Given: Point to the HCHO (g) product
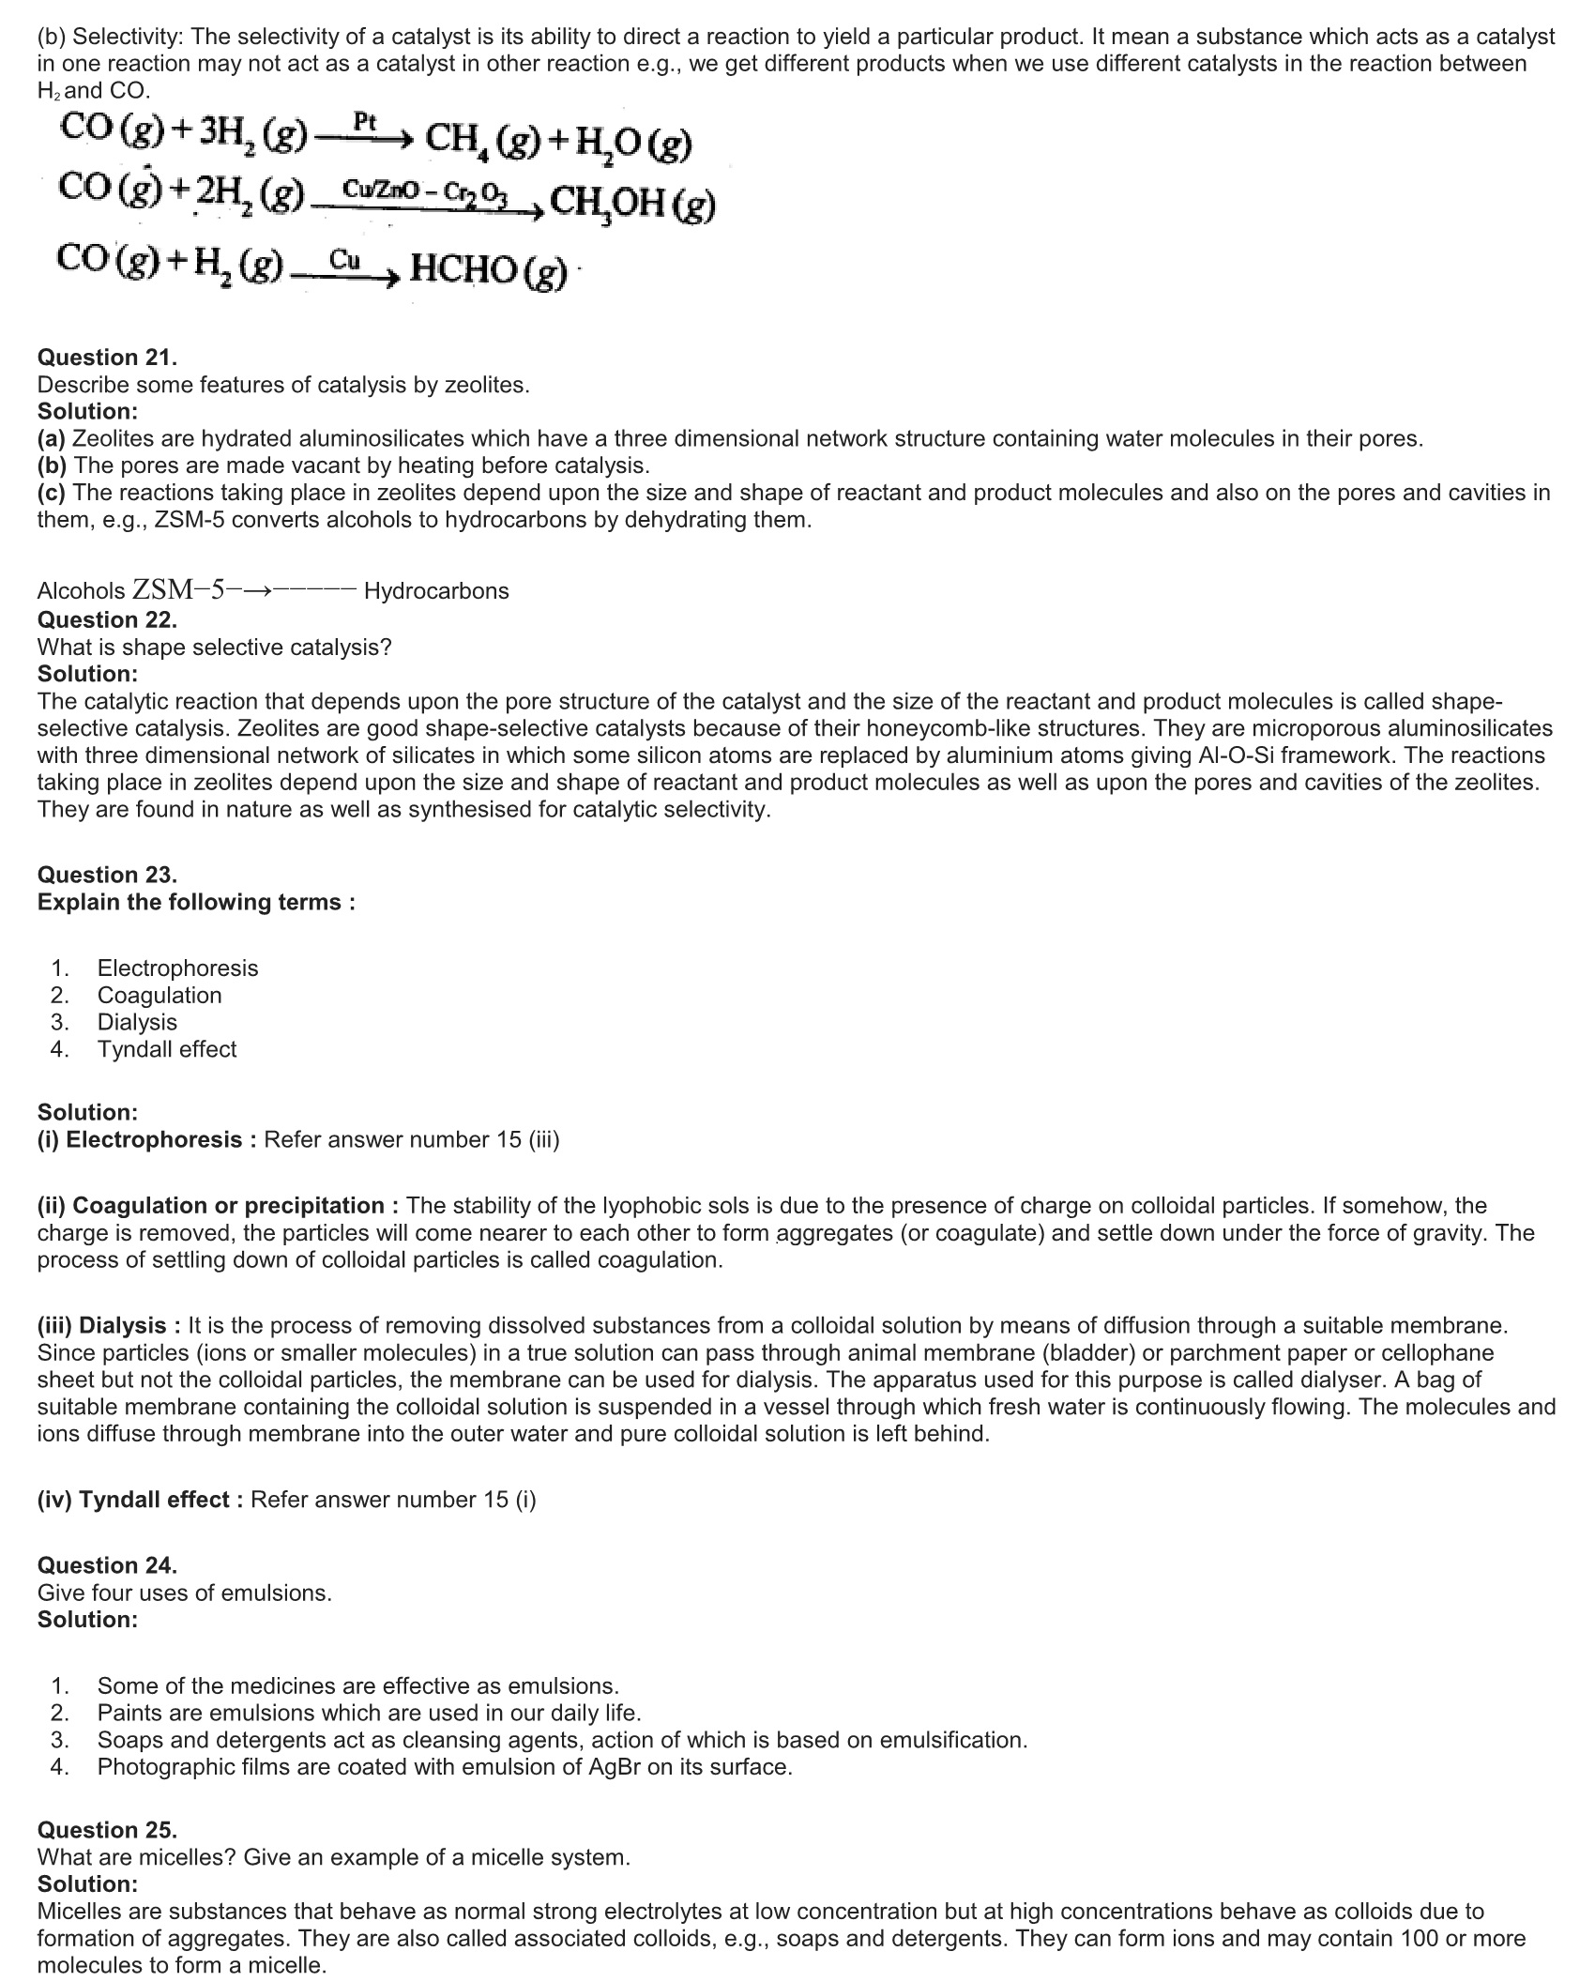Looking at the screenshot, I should coord(489,270).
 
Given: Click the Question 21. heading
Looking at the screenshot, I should coord(107,358).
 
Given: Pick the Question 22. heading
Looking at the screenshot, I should coord(107,619).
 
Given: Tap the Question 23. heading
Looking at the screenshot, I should coord(107,875).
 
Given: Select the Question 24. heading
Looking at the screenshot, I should coord(107,1565).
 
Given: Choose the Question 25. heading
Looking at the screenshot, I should coord(107,1830).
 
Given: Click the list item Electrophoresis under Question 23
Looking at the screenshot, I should coord(177,968).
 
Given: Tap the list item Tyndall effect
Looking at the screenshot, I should coord(167,1049).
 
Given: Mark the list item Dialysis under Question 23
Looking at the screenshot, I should coord(137,1022).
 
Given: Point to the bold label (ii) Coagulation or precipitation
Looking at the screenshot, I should coord(211,1205).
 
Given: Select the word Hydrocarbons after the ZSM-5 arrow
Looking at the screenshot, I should coord(436,591).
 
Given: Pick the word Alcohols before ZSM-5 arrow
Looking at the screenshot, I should coord(81,591).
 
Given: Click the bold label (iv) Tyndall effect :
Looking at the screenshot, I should coord(141,1500).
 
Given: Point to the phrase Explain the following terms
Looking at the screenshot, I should coord(196,902).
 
